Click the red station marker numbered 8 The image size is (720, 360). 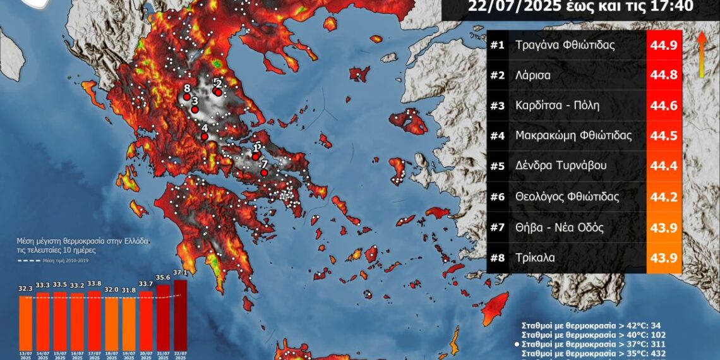pyautogui.click(x=186, y=97)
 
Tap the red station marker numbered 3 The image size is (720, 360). pyautogui.click(x=195, y=110)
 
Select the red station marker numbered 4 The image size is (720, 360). pyautogui.click(x=204, y=136)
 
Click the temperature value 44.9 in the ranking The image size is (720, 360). pyautogui.click(x=664, y=45)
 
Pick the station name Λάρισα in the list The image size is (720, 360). pyautogui.click(x=532, y=75)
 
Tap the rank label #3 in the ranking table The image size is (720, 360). pyautogui.click(x=498, y=105)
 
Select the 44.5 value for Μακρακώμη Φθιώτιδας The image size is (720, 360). pyautogui.click(x=664, y=136)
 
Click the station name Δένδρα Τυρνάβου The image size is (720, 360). pyautogui.click(x=561, y=166)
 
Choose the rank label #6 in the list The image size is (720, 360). pyautogui.click(x=498, y=197)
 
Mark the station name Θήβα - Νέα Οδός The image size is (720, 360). pyautogui.click(x=560, y=227)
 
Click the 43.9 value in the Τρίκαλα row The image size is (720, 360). pyautogui.click(x=664, y=258)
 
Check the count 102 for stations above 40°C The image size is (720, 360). pyautogui.click(x=656, y=335)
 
